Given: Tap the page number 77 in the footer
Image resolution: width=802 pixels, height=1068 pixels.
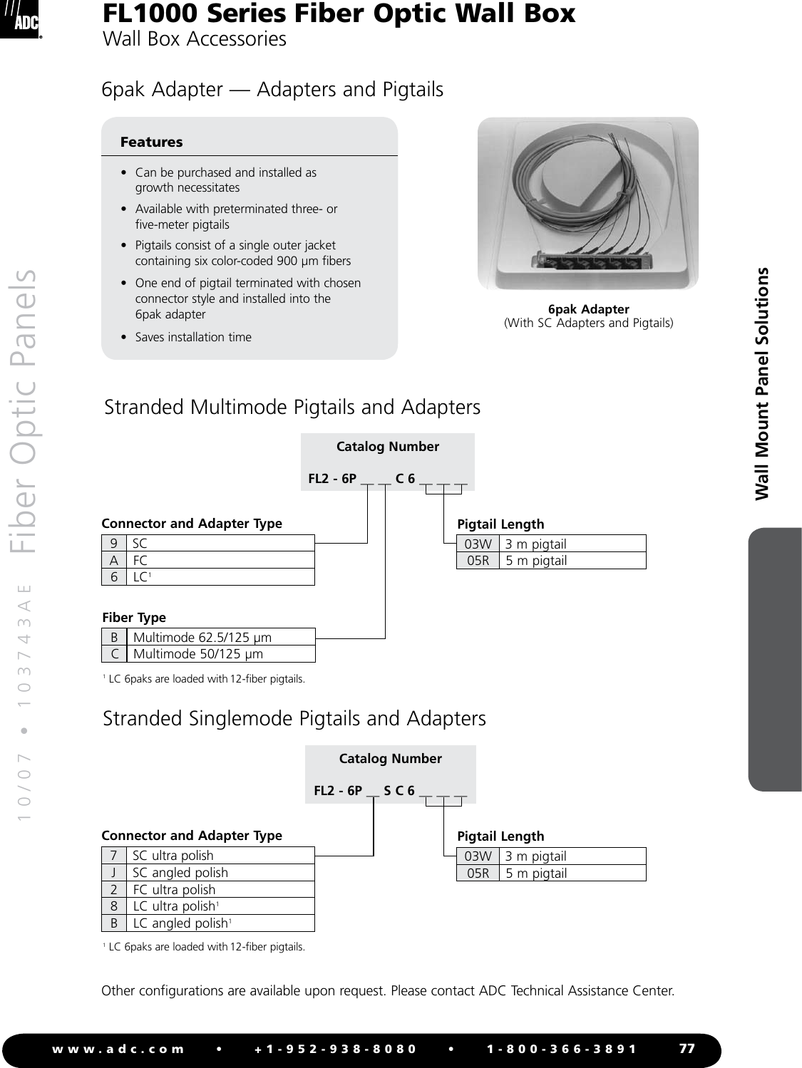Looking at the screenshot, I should (687, 1048).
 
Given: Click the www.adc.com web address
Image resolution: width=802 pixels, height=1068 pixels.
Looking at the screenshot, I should (118, 1049).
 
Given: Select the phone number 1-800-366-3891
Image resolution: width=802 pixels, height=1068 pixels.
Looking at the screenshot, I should (562, 1049).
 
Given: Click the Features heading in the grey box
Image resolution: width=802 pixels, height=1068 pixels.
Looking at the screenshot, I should (151, 142).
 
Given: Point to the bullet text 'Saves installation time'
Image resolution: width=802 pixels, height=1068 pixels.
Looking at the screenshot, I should (193, 337).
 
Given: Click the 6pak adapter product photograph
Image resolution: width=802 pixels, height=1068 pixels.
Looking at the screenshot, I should (587, 204).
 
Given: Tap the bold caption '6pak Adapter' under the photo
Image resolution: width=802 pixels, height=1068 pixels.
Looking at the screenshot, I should (588, 309).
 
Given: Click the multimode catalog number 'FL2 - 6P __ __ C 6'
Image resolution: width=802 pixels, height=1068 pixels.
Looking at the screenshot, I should (387, 478).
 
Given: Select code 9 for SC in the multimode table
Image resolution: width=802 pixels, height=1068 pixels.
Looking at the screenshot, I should (113, 543).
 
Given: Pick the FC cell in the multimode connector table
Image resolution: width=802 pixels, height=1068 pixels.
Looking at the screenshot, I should (140, 560).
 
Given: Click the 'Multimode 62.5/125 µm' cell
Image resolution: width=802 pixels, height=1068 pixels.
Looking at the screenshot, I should (202, 637).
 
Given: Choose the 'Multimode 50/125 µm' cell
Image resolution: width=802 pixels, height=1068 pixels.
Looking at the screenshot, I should (198, 653).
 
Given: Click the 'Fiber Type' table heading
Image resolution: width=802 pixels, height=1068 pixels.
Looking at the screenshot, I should (134, 617).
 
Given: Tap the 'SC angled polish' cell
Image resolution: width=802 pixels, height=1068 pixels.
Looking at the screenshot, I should (180, 872).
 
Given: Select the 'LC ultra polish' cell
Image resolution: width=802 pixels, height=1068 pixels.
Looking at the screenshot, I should (175, 906).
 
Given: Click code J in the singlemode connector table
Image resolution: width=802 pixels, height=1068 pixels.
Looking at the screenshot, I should (113, 872).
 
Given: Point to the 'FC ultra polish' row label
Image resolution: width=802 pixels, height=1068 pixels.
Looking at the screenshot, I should (174, 889).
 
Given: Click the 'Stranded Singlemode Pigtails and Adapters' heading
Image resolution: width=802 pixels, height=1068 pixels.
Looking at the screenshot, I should (294, 718).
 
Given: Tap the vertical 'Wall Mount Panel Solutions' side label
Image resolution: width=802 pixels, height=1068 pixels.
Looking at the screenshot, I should (762, 383).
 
